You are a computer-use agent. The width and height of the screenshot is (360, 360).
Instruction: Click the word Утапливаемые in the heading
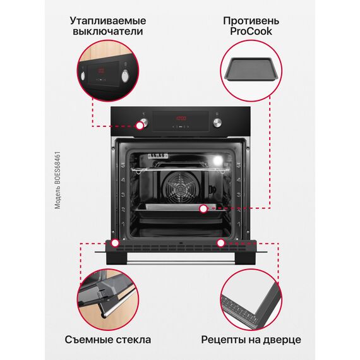[107, 21]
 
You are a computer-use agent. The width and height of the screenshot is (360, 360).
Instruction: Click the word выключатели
[107, 31]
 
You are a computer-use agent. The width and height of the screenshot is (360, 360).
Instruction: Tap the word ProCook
[251, 31]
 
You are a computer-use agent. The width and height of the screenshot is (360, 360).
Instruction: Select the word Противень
[251, 21]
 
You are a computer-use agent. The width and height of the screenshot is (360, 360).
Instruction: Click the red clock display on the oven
[181, 119]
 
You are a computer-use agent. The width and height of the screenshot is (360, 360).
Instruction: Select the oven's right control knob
[217, 123]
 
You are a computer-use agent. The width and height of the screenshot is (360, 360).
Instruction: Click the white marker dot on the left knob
[140, 126]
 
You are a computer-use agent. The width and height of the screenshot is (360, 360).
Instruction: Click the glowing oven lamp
[217, 160]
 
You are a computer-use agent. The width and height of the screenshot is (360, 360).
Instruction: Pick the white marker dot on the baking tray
[203, 209]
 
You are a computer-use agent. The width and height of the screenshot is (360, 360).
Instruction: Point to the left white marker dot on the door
[115, 243]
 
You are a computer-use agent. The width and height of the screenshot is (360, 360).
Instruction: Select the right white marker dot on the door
[220, 243]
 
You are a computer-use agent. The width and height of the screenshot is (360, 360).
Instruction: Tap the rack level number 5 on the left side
[123, 165]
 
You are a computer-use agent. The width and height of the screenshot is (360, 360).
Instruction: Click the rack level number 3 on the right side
[239, 195]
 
